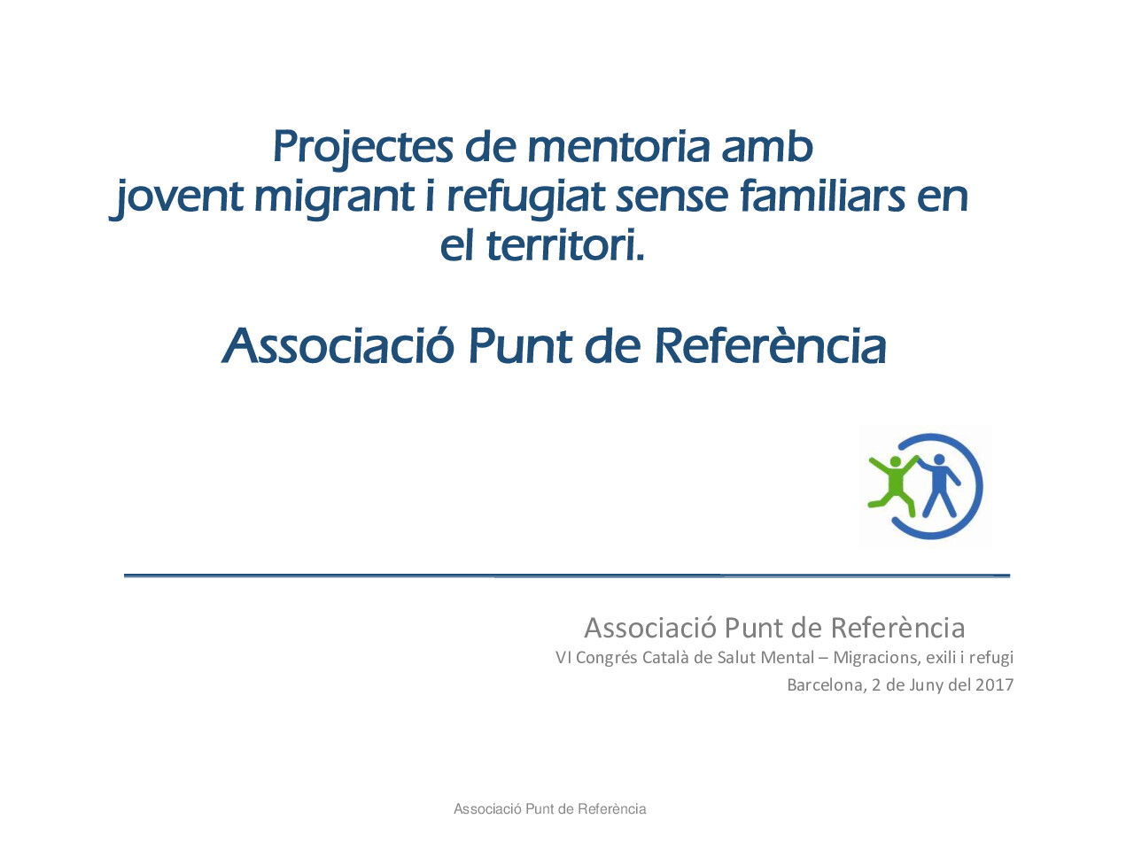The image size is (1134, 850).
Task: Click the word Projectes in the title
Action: click(362, 147)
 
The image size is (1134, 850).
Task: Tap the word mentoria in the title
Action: click(619, 147)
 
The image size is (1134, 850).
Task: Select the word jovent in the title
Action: click(176, 197)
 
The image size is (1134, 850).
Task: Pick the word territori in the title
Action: click(563, 245)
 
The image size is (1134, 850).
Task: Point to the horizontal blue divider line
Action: click(567, 576)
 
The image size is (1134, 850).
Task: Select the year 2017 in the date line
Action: click(994, 684)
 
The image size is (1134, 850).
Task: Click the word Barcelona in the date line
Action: click(825, 684)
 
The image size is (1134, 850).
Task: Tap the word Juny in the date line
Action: click(926, 684)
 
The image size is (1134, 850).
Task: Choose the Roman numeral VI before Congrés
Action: click(563, 657)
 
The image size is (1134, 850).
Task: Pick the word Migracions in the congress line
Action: click(875, 657)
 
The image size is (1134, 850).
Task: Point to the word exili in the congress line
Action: click(941, 657)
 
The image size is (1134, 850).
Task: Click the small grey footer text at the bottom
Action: click(549, 808)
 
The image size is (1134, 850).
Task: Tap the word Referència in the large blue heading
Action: click(770, 346)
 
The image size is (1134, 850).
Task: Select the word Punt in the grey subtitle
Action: click(753, 628)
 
